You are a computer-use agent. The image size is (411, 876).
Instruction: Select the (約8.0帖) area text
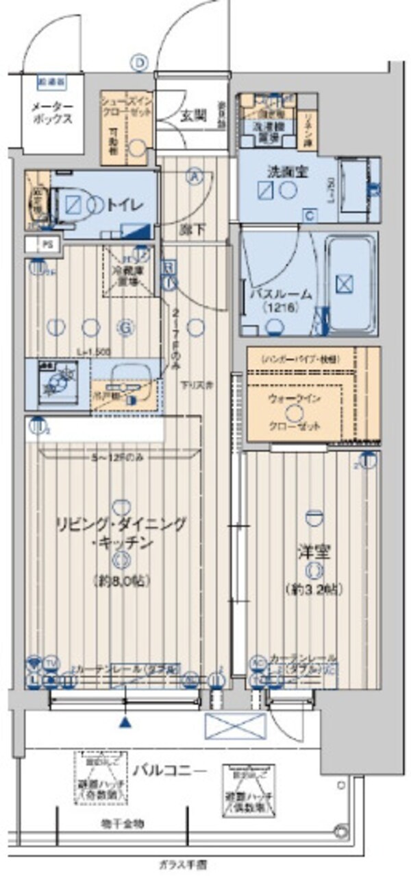(x=121, y=580)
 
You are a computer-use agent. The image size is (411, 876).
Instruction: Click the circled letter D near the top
(x=140, y=63)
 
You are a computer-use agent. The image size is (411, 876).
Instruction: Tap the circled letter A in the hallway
(x=195, y=176)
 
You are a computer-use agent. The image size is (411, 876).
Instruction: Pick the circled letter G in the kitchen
(x=125, y=328)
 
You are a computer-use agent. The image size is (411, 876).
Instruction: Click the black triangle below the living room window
(x=125, y=722)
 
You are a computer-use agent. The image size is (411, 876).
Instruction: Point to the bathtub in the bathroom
(x=349, y=283)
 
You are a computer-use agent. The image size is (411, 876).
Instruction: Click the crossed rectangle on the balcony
(x=235, y=726)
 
